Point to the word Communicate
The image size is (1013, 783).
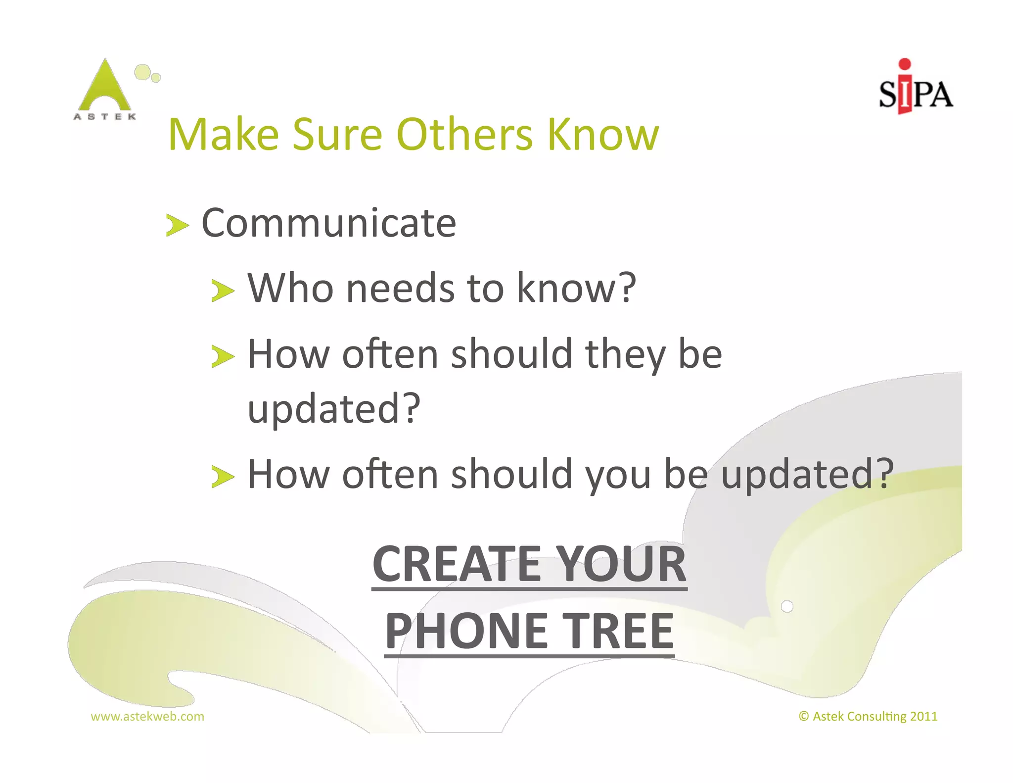point(329,224)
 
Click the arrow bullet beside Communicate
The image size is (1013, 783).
point(177,226)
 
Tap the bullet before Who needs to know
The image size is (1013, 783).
point(223,290)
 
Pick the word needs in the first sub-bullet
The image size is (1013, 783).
point(400,288)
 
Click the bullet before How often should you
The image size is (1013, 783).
point(223,477)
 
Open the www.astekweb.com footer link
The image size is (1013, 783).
point(147,717)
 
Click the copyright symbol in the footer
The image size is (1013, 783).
point(804,717)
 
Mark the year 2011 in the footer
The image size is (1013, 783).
point(923,717)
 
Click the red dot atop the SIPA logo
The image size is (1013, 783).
point(905,64)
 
